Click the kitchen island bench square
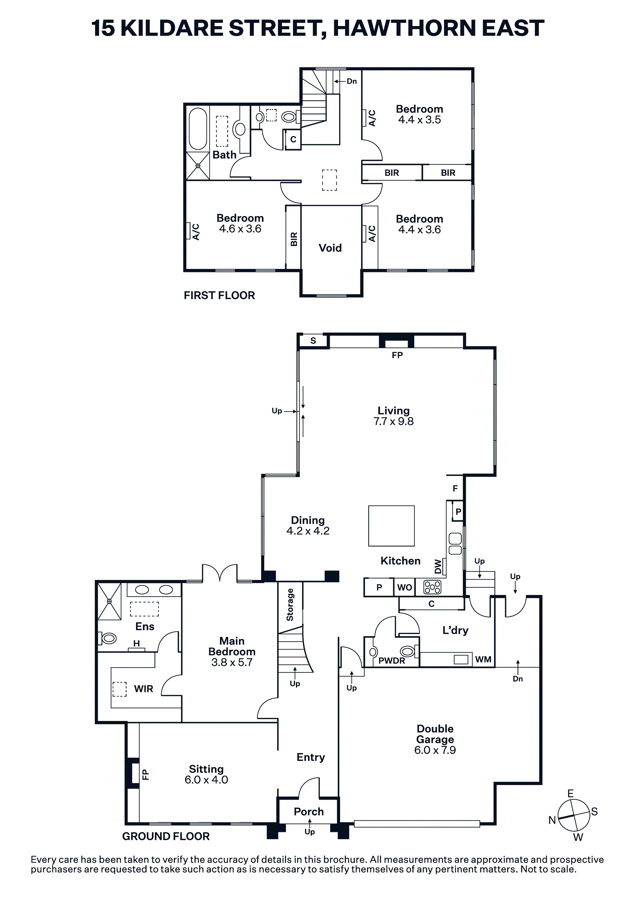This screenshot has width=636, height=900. pyautogui.click(x=391, y=526)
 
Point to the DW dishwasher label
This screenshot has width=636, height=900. pyautogui.click(x=438, y=566)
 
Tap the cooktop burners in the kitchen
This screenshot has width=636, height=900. pyautogui.click(x=432, y=587)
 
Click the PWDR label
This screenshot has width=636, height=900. pyautogui.click(x=392, y=661)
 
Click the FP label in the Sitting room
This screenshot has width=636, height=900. pyautogui.click(x=145, y=775)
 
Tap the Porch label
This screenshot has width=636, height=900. pyautogui.click(x=309, y=811)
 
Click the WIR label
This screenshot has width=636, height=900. pyautogui.click(x=143, y=689)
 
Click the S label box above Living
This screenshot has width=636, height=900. pyautogui.click(x=313, y=341)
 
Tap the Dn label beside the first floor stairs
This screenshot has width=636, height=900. pyautogui.click(x=352, y=81)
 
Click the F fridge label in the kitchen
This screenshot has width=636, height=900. pyautogui.click(x=455, y=488)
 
